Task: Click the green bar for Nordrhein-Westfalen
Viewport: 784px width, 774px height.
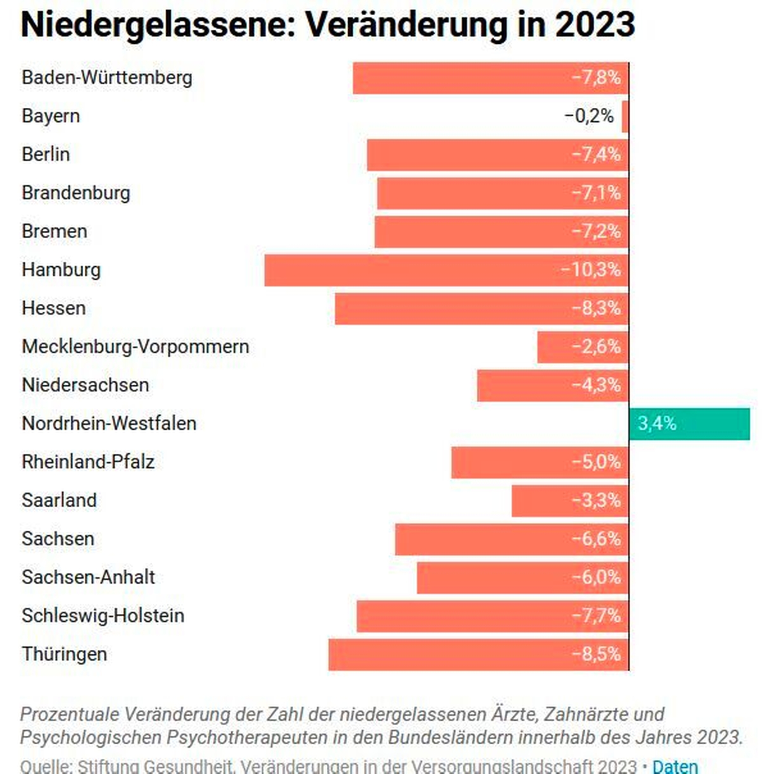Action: click(x=689, y=424)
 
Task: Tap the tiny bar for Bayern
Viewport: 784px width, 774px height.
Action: click(x=625, y=116)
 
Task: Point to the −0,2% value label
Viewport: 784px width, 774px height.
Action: click(x=589, y=116)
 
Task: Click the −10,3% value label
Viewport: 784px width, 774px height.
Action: click(x=590, y=270)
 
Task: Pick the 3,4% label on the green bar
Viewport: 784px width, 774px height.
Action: click(x=657, y=424)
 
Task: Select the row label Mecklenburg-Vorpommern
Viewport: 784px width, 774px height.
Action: click(x=135, y=347)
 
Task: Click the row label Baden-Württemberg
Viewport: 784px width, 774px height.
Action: click(x=107, y=78)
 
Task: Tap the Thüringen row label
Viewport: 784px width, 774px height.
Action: click(x=64, y=654)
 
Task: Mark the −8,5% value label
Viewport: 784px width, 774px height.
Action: click(x=596, y=654)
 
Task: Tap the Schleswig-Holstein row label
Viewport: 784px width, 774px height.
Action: click(x=103, y=616)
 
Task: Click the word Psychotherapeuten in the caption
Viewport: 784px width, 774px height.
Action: click(x=247, y=738)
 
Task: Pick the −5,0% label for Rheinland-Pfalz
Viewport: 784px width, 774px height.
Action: click(x=596, y=462)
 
